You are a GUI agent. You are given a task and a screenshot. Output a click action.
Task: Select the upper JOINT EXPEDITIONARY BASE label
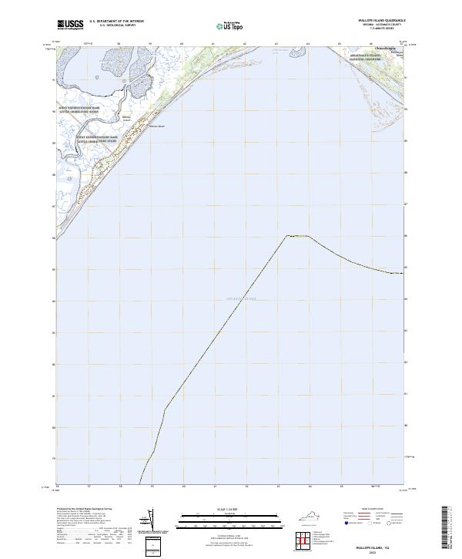pyautogui.click(x=79, y=109)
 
